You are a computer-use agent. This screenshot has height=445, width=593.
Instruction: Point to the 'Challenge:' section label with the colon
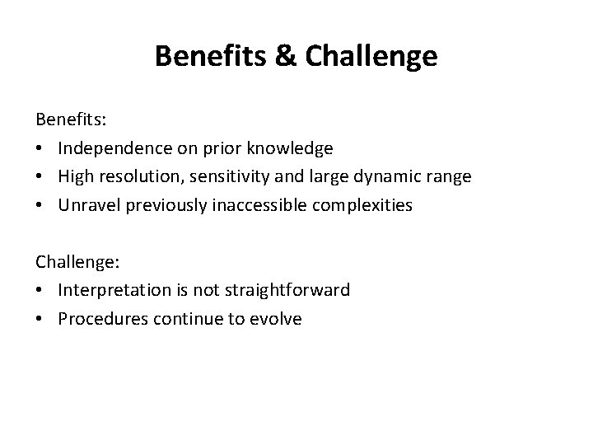coord(77,262)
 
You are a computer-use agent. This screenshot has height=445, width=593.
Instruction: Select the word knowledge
coord(291,148)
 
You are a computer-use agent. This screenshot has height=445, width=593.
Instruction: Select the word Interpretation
coord(114,290)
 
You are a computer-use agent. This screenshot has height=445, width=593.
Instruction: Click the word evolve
coord(275,319)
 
